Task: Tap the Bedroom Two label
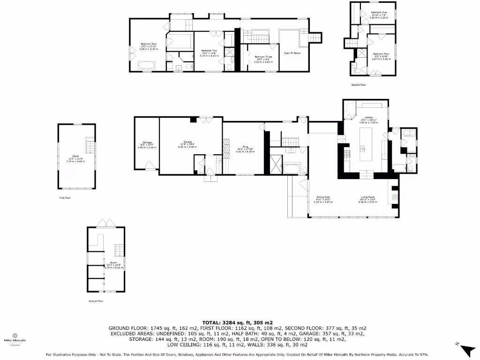[x=209, y=52]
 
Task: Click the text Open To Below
[x=292, y=53]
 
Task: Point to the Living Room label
[x=367, y=199]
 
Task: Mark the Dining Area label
[x=322, y=199]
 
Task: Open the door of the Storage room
[x=150, y=165]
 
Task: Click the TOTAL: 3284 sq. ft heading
[x=237, y=322]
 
